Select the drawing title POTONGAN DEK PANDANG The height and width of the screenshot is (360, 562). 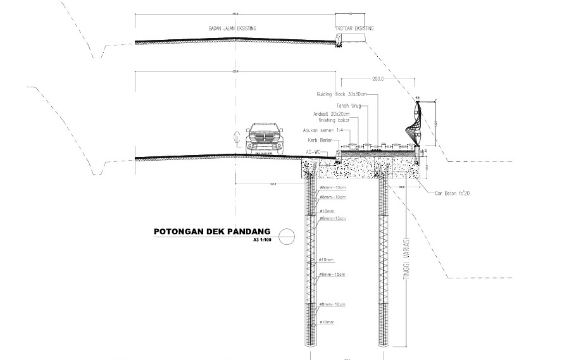point(212,232)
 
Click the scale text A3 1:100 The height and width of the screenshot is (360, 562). point(261,240)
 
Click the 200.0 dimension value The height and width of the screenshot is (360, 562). point(378,80)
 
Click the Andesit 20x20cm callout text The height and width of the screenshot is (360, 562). point(332,114)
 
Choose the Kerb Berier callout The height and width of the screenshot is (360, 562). point(320,140)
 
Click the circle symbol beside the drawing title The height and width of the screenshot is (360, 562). point(286,235)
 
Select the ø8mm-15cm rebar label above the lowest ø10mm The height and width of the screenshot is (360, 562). point(332,274)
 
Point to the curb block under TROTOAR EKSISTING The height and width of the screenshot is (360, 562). point(339,40)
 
